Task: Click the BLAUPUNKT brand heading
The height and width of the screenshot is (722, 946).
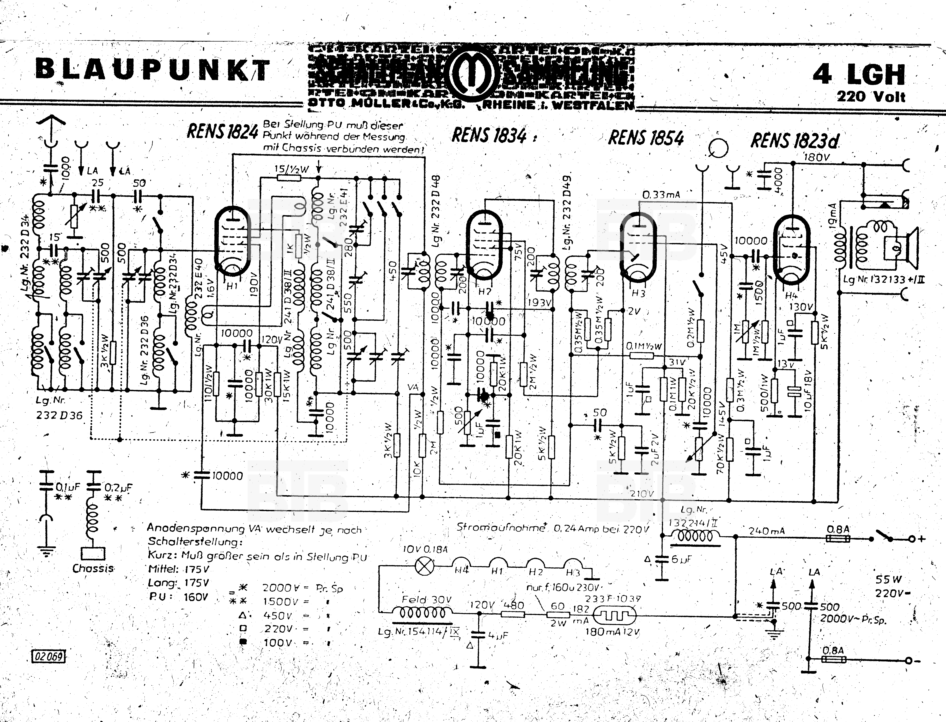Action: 152,70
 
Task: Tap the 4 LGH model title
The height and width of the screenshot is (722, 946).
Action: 859,74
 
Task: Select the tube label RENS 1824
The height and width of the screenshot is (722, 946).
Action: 222,131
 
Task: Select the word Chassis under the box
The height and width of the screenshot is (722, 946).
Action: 93,568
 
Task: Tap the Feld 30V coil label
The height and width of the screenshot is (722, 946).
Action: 426,600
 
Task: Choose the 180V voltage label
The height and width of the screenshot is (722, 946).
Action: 816,157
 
